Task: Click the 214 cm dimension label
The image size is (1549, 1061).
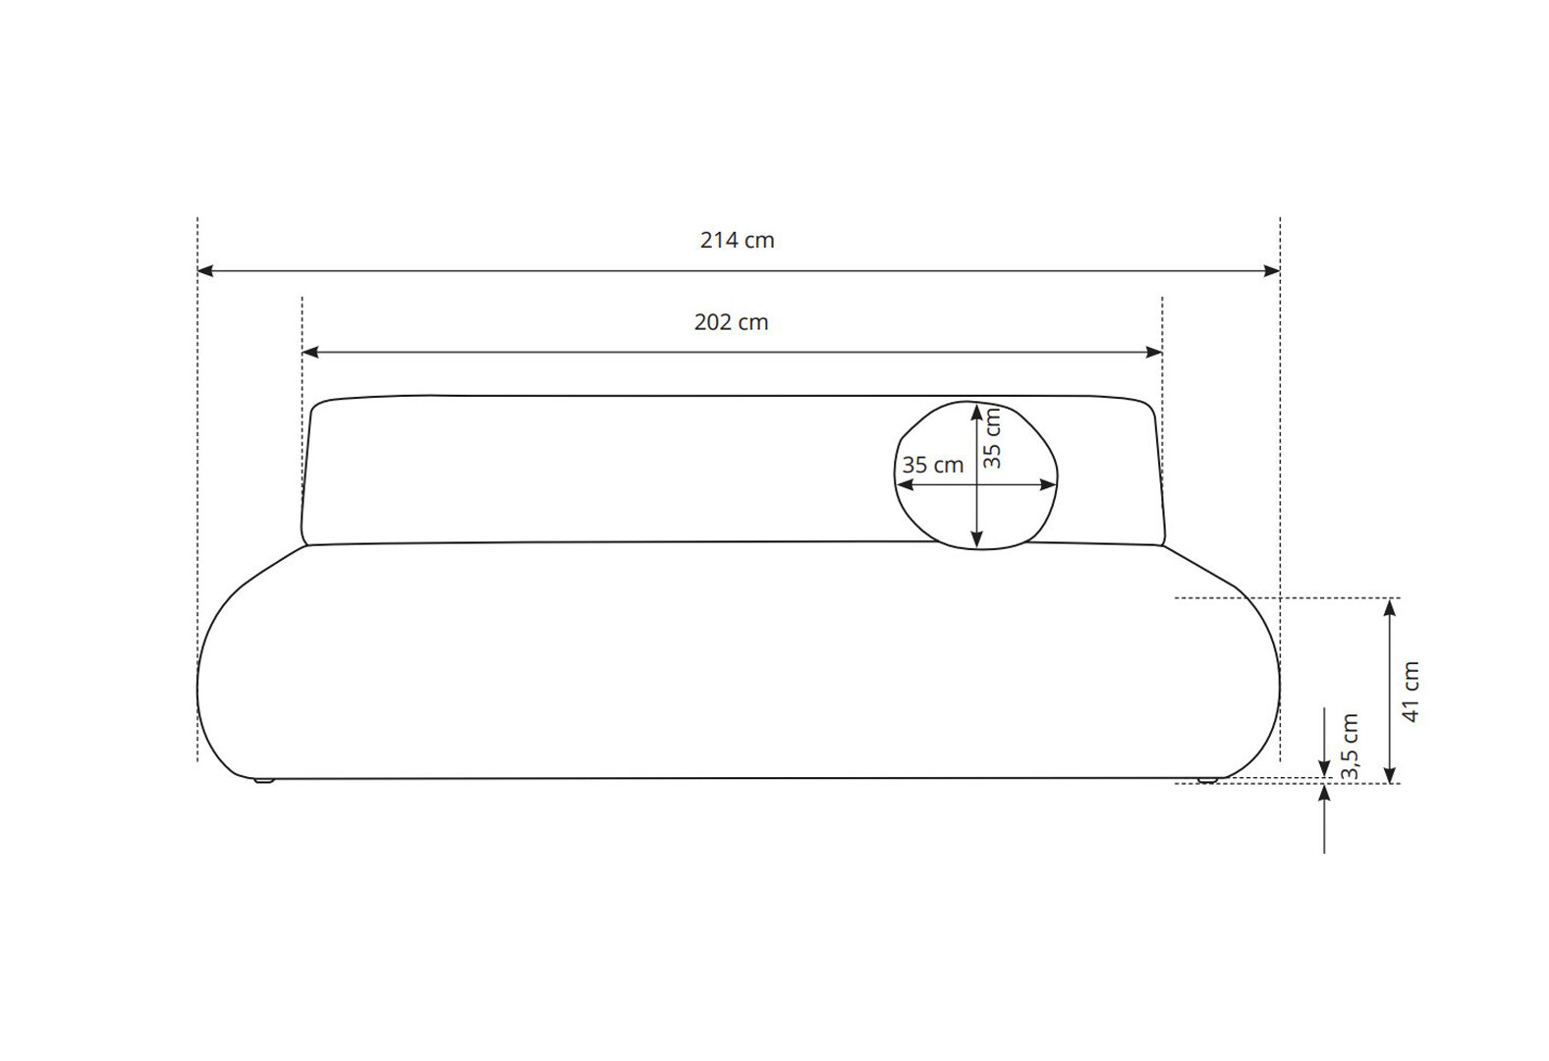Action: point(737,240)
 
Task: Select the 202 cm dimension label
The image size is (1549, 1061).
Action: point(731,322)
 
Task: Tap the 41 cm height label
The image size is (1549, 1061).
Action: point(1411,692)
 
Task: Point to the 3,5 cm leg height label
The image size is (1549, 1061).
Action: point(1350,747)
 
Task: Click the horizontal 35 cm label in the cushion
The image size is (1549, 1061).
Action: point(933,465)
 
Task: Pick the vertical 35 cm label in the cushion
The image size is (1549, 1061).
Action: point(992,438)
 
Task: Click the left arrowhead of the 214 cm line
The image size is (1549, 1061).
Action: point(205,270)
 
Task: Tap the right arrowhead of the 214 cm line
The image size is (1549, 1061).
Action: point(1272,270)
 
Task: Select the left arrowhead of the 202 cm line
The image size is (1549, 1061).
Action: point(310,352)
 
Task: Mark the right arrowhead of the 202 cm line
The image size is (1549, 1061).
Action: point(1154,352)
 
